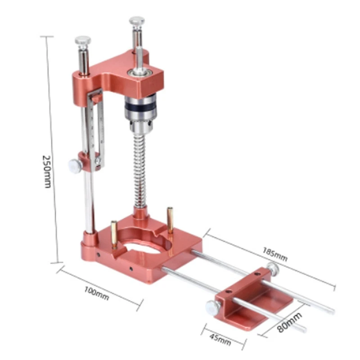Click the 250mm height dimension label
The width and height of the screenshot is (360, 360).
(x=47, y=171)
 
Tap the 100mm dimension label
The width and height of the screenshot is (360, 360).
(x=96, y=293)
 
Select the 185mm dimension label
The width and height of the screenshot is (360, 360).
(x=275, y=254)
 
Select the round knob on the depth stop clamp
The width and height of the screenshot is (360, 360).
(x=75, y=166)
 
